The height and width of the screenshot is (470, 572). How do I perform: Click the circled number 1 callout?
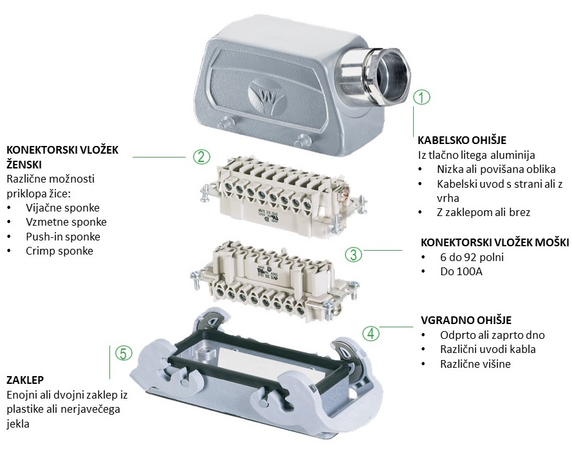[x=421, y=97]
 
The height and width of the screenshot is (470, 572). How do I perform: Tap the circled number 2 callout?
[x=201, y=157]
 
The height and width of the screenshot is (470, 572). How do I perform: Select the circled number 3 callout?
[x=353, y=255]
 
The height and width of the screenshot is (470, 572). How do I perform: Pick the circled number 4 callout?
[x=371, y=332]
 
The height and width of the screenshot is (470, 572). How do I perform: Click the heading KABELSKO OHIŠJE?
[x=462, y=140]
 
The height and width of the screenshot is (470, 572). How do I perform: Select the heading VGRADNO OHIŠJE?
[x=466, y=320]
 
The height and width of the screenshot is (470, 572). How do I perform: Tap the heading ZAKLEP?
[x=25, y=380]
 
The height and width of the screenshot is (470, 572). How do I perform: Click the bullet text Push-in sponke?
[x=63, y=237]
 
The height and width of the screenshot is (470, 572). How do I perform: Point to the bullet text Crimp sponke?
[x=59, y=251]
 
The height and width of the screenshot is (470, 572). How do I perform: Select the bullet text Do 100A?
[x=461, y=271]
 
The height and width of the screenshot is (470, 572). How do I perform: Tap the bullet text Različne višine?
[x=475, y=364]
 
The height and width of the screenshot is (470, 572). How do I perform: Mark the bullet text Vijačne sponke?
[x=63, y=208]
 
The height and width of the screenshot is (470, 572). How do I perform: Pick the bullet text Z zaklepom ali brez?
[x=483, y=212]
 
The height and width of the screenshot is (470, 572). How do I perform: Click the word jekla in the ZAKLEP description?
[x=18, y=424]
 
